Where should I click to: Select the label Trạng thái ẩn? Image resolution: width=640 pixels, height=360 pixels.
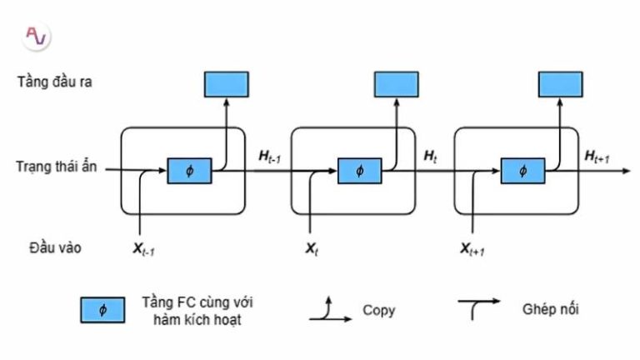[56, 167]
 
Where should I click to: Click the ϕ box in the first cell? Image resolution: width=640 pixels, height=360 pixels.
[189, 170]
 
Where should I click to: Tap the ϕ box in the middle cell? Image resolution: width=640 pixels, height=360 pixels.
[359, 170]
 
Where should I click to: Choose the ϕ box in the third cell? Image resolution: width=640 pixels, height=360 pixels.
[522, 170]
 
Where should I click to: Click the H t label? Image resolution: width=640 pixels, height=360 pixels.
[431, 156]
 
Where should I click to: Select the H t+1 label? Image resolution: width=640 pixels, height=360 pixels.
[597, 156]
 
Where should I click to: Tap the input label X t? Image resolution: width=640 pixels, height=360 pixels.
[311, 248]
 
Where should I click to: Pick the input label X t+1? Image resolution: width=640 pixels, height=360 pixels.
[472, 248]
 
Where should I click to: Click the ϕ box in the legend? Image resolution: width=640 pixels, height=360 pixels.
[102, 310]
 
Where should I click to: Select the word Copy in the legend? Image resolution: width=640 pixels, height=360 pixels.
[378, 310]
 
